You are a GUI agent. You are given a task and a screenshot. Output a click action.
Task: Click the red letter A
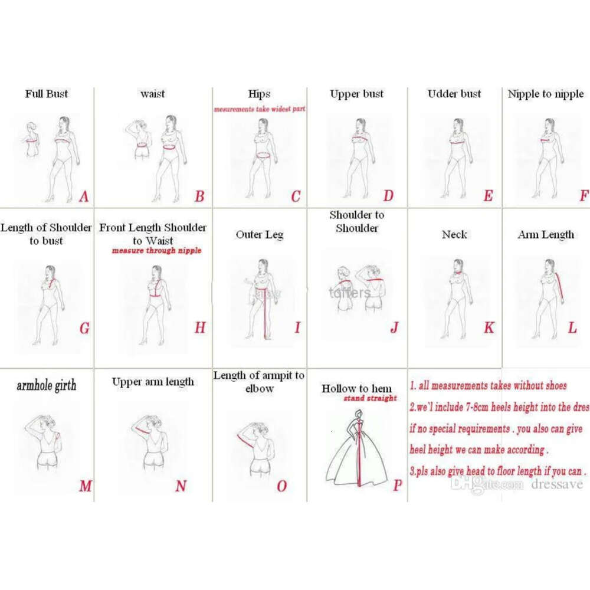pyautogui.click(x=83, y=196)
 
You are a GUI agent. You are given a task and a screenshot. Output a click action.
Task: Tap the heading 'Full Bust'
pyautogui.click(x=47, y=93)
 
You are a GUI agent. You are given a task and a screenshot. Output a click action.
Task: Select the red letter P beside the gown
pyautogui.click(x=397, y=485)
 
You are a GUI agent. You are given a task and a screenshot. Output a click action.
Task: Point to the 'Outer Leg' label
pyautogui.click(x=260, y=234)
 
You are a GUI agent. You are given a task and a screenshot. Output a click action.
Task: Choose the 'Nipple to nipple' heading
pyautogui.click(x=546, y=94)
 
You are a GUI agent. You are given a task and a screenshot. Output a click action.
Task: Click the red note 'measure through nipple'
pyautogui.click(x=157, y=251)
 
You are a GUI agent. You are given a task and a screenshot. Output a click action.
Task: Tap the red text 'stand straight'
pyautogui.click(x=371, y=398)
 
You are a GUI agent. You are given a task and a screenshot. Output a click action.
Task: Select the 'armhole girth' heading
pyautogui.click(x=46, y=386)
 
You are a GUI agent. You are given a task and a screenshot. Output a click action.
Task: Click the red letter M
pyautogui.click(x=86, y=486)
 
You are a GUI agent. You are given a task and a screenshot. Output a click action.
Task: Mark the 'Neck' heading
pyautogui.click(x=454, y=234)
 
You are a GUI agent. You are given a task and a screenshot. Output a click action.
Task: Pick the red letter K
pyautogui.click(x=489, y=328)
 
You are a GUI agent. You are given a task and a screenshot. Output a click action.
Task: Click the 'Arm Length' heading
pyautogui.click(x=546, y=234)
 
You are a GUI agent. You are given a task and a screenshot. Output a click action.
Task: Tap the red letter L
pyautogui.click(x=572, y=328)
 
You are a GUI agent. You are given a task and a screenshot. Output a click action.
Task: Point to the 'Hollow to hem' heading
pyautogui.click(x=356, y=388)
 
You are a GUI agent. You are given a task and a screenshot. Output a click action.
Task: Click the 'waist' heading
pyautogui.click(x=153, y=93)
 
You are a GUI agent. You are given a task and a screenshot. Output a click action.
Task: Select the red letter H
pyautogui.click(x=200, y=328)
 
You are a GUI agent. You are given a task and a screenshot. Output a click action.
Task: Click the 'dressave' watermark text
pyautogui.click(x=556, y=484)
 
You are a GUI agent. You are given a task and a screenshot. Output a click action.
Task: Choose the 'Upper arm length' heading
pyautogui.click(x=153, y=382)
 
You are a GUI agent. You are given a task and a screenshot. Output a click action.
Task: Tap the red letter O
pyautogui.click(x=281, y=486)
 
